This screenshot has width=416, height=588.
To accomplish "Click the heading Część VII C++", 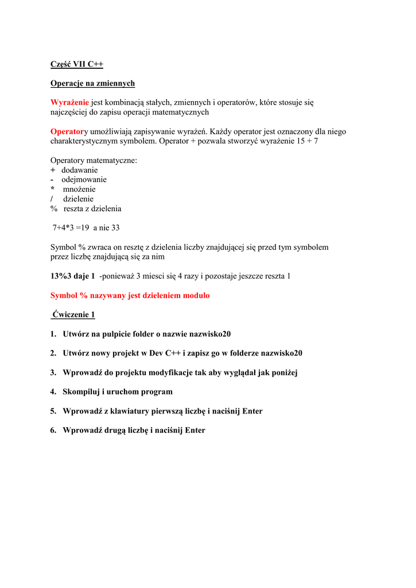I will (x=77, y=64).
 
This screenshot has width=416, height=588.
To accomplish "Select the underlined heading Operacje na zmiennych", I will (x=92, y=83).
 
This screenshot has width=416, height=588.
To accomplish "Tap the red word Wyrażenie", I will (x=69, y=103).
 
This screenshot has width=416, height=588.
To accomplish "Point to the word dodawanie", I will (x=80, y=170).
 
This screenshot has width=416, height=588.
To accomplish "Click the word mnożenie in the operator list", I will (x=79, y=189).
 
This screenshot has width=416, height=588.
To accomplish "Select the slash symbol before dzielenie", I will (x=52, y=199).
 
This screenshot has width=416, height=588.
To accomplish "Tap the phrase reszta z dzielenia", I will (x=92, y=209).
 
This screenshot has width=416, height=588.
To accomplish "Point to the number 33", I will (x=115, y=228).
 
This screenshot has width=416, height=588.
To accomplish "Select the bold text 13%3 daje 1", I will (x=73, y=276).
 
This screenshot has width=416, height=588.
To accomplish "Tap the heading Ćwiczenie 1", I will (x=73, y=315).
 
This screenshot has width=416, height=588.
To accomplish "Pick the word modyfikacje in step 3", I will (x=170, y=373).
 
